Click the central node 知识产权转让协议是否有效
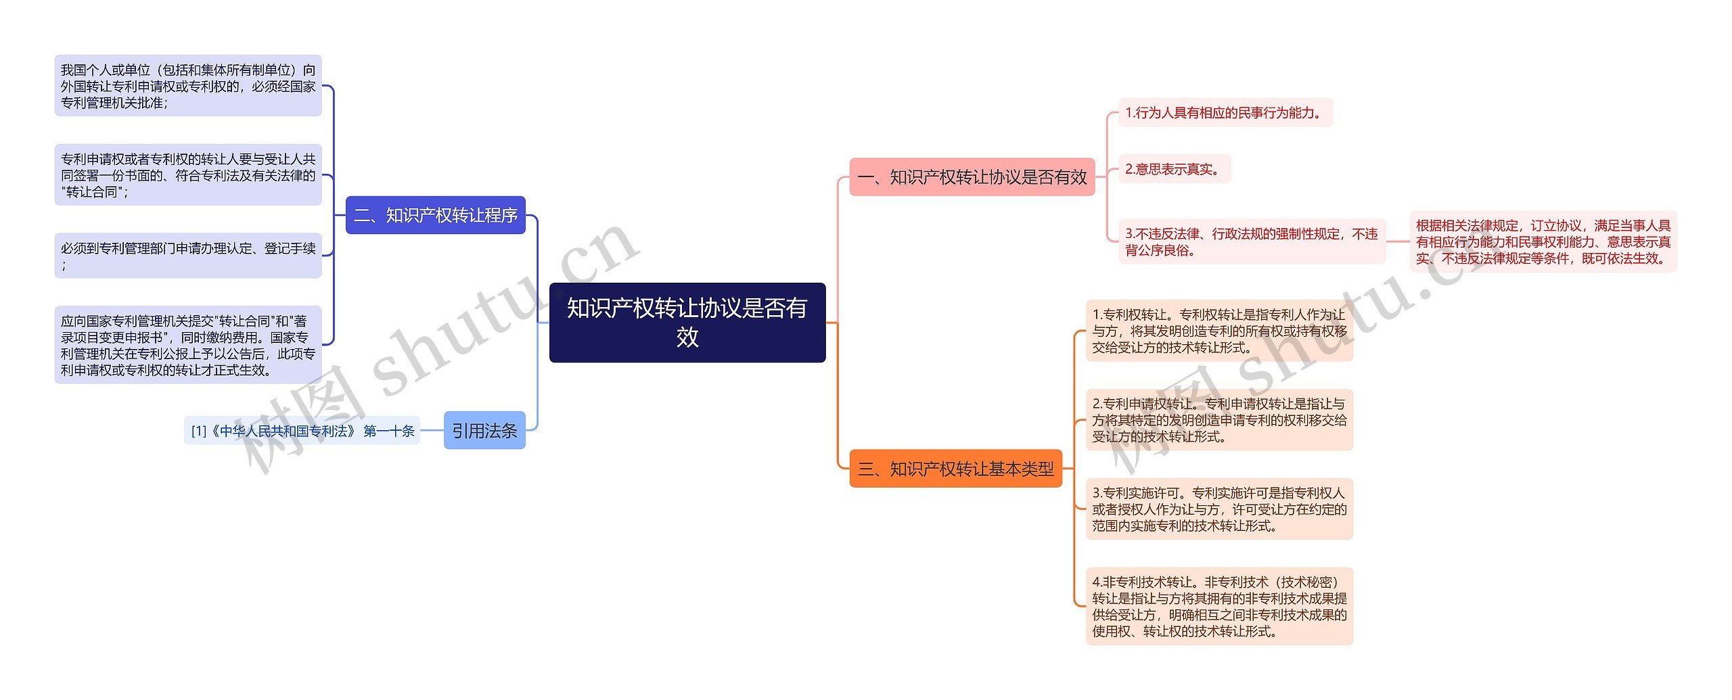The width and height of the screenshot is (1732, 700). click(x=687, y=323)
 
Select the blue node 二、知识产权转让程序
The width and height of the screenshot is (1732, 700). click(x=435, y=215)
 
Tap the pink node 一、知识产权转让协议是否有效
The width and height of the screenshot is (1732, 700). click(x=972, y=177)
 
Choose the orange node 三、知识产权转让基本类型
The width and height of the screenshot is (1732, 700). click(x=955, y=469)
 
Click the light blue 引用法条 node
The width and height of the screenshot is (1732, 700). click(x=484, y=430)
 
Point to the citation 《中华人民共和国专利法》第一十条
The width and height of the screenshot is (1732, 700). click(x=302, y=431)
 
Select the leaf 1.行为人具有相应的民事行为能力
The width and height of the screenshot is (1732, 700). click(x=1225, y=112)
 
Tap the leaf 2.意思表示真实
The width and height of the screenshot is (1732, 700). click(x=1174, y=169)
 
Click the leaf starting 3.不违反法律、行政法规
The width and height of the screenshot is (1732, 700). click(x=1252, y=241)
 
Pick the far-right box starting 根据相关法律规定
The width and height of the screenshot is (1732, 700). click(x=1543, y=241)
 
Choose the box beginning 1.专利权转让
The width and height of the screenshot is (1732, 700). click(x=1219, y=331)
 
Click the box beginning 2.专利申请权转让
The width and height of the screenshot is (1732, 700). click(x=1219, y=420)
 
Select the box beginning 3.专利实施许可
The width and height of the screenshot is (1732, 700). click(x=1219, y=509)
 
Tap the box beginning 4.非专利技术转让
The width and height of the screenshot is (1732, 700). click(x=1219, y=606)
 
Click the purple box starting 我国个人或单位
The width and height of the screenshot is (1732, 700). click(x=188, y=86)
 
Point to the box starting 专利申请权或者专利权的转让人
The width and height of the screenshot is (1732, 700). click(x=188, y=175)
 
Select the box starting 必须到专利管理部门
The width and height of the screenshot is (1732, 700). click(x=188, y=256)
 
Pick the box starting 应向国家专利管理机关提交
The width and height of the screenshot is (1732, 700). click(x=188, y=345)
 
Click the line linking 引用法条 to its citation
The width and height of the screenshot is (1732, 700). click(x=432, y=430)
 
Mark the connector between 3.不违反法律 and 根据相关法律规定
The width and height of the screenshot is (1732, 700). click(x=1398, y=241)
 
